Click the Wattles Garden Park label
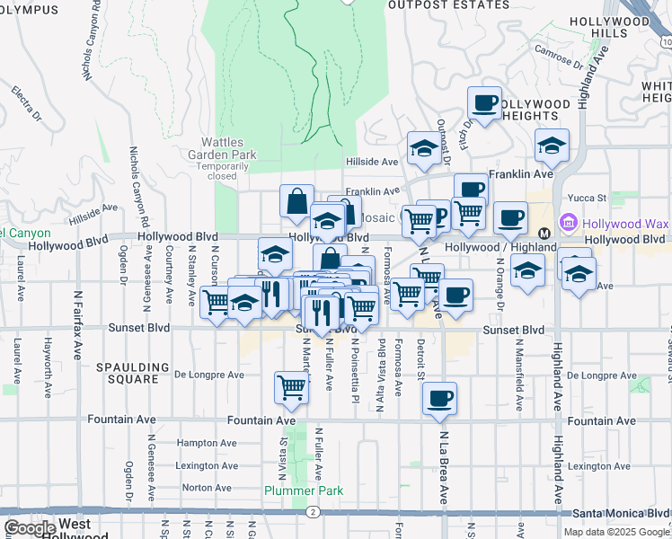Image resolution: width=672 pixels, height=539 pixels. coord(228,148)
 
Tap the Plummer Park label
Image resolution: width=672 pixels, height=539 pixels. coord(305,490)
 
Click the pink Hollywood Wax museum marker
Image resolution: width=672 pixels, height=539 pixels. coord(568,223)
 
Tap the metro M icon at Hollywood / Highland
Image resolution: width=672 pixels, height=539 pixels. coord(544,234)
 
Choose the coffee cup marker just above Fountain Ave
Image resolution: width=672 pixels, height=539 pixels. coord(439,398)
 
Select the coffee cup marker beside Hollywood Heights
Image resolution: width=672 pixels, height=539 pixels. coord(485,102)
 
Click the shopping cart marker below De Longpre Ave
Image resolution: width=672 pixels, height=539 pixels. coord(292,387)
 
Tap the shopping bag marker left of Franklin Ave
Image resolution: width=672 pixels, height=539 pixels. coord(296,201)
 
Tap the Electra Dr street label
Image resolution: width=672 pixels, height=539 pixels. coord(27,102)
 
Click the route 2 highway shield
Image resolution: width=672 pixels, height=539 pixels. coord(312,511)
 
